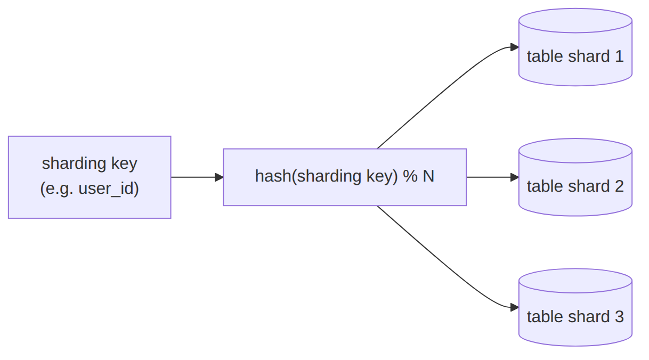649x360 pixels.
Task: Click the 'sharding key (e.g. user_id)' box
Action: pyautogui.click(x=90, y=177)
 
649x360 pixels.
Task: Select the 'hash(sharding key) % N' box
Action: pyautogui.click(x=345, y=177)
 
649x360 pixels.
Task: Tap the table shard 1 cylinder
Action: pyautogui.click(x=575, y=47)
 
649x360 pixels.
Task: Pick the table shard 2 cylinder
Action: pyautogui.click(x=575, y=177)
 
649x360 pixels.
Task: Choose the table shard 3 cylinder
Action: pyautogui.click(x=575, y=307)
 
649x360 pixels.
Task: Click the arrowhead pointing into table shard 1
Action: pyautogui.click(x=515, y=47)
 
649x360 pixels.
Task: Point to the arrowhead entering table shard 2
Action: pyautogui.click(x=515, y=177)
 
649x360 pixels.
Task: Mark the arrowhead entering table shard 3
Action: pyautogui.click(x=515, y=307)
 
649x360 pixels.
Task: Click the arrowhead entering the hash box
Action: pyautogui.click(x=219, y=177)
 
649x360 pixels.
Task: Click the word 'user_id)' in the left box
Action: pyautogui.click(x=109, y=189)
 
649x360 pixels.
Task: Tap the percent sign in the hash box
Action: pyautogui.click(x=410, y=176)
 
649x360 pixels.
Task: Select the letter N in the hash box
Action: pyautogui.click(x=428, y=176)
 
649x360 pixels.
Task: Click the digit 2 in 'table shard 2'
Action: pyautogui.click(x=619, y=186)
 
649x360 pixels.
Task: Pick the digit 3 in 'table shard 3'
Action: pyautogui.click(x=619, y=316)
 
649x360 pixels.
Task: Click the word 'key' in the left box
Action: pyautogui.click(x=124, y=163)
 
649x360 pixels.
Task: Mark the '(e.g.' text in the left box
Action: pyautogui.click(x=56, y=189)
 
